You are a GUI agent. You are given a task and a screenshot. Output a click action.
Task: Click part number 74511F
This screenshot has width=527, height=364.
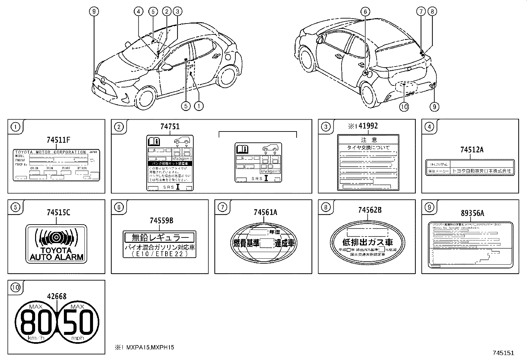click(58, 140)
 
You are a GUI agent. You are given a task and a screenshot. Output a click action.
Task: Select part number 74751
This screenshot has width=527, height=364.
click(170, 127)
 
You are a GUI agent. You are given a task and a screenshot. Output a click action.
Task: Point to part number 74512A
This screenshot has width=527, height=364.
click(471, 150)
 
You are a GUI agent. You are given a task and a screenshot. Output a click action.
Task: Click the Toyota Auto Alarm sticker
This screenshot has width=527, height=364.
click(56, 244)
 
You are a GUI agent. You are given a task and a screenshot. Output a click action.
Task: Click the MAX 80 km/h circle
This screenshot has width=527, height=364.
click(37, 322)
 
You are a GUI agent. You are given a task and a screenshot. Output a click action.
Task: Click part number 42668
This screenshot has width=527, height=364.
click(57, 297)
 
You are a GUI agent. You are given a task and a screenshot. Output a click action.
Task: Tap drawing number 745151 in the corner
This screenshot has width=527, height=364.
click(503, 353)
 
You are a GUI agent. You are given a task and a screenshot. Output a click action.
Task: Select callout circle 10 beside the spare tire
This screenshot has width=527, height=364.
click(404, 107)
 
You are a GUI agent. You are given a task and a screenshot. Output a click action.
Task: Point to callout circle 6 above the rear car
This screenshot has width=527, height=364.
click(365, 12)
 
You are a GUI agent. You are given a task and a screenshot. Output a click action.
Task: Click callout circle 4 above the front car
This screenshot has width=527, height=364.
click(139, 12)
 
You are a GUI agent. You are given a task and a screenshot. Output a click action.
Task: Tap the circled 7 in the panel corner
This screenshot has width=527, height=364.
click(222, 207)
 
